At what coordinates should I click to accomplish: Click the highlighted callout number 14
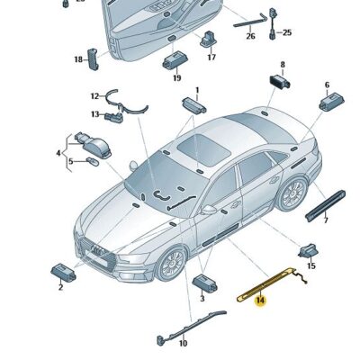[261, 301]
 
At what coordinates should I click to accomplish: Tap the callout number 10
[182, 344]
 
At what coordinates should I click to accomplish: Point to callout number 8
[282, 65]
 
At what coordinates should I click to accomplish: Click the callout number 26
[251, 37]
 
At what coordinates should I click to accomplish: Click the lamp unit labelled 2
[63, 270]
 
